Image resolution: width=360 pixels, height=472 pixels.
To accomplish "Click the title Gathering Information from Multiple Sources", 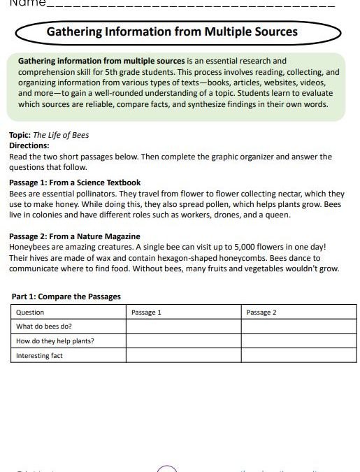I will pos(172,32).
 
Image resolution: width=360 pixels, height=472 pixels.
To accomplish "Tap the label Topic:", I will pos(20,135).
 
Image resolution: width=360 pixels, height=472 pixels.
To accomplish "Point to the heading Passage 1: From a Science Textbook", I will pos(75,183).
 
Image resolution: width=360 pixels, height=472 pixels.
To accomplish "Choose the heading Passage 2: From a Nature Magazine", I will pos(75,236).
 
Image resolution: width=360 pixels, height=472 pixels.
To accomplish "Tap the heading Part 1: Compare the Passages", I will pos(66,296).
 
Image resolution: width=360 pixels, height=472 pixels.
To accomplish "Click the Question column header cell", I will pos(30,312).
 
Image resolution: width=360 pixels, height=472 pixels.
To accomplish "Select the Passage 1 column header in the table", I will pos(146,312).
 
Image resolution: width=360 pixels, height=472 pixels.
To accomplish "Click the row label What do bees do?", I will pos(44,327).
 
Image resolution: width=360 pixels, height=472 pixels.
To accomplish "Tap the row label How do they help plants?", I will pos(55,341).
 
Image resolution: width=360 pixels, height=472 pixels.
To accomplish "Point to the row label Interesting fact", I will pos(39,356).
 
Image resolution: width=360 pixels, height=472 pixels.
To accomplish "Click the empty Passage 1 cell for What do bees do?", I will pos(183,327).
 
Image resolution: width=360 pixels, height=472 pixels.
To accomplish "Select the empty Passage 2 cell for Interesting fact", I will pos(298,356).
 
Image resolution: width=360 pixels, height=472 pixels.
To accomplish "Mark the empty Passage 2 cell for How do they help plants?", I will pos(298,341).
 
